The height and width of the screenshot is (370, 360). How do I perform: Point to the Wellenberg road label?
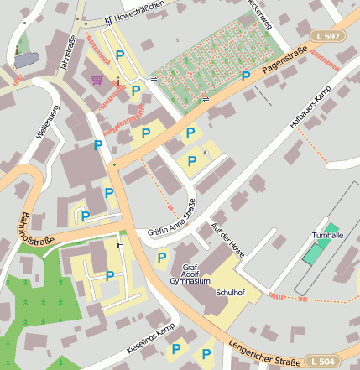tap(47, 122)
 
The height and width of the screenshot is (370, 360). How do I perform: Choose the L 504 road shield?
tap(323, 361)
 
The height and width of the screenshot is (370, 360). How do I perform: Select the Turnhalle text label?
tap(327, 236)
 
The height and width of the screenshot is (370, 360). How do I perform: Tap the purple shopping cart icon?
tap(97, 80)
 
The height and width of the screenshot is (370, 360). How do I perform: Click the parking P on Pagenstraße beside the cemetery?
tap(246, 76)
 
